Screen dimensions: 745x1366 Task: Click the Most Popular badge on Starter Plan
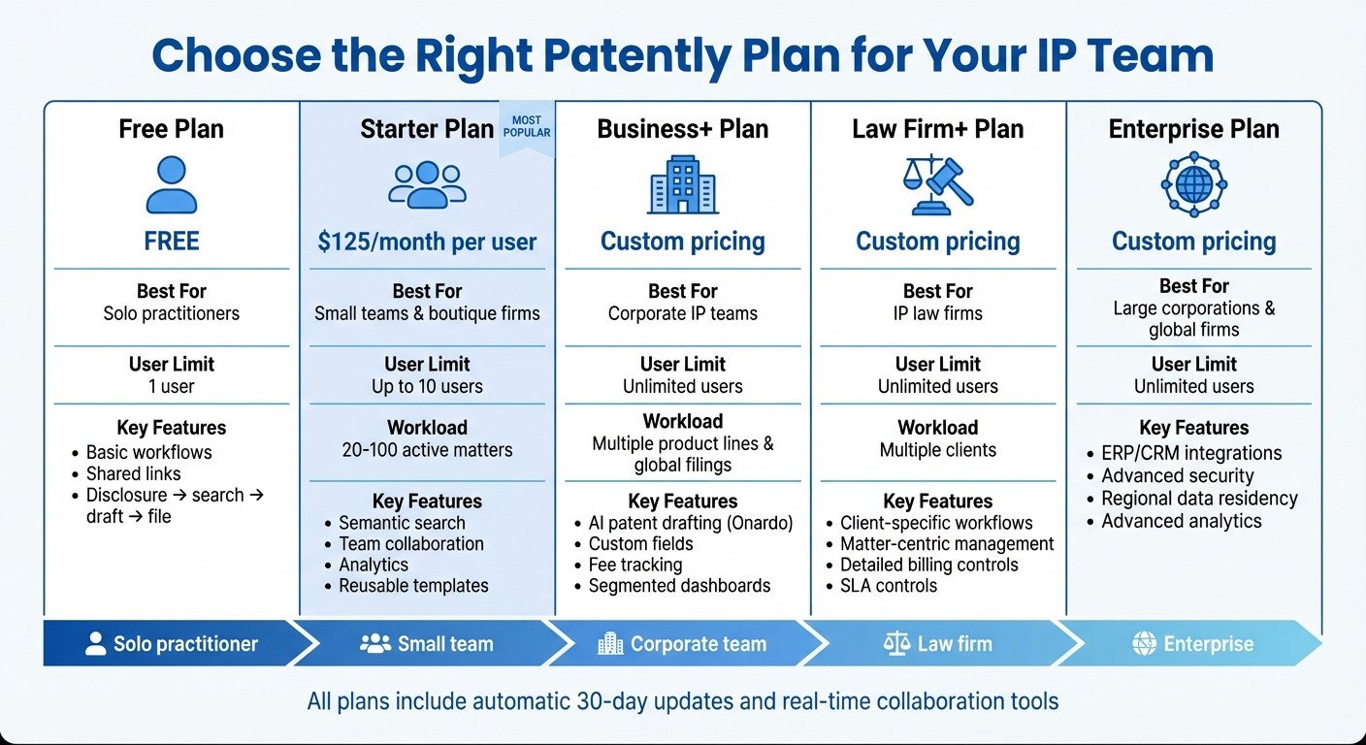[x=527, y=126]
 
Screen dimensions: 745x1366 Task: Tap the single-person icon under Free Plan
[x=172, y=185]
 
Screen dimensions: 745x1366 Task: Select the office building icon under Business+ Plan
[x=682, y=185]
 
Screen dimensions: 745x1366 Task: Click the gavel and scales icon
[x=937, y=185]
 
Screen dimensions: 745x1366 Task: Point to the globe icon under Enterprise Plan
[x=1193, y=184]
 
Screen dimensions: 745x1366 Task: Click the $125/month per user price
[x=427, y=242]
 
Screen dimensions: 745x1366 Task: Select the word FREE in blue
[x=172, y=242]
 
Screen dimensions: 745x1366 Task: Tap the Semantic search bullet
[x=402, y=523]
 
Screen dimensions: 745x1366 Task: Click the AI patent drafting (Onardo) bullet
[x=691, y=523]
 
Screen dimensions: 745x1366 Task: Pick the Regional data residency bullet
[x=1199, y=499]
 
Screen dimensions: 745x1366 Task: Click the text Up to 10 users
[x=427, y=386]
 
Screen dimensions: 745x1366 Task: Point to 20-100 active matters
[x=427, y=450]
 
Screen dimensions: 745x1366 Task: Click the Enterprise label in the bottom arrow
[x=1208, y=644]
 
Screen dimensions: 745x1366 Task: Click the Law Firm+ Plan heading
[x=937, y=129]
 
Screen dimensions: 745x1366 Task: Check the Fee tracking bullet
[x=635, y=565]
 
